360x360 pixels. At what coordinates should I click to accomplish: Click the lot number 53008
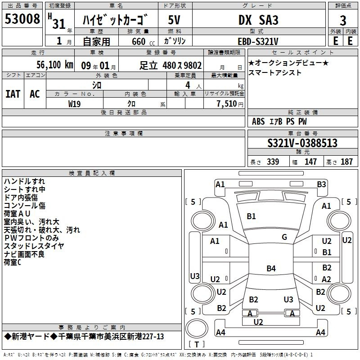tap(22, 18)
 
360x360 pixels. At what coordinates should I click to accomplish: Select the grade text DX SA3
tap(258, 20)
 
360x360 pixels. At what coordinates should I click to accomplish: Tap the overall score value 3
tap(343, 21)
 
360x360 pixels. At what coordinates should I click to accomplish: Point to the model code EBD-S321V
tap(258, 41)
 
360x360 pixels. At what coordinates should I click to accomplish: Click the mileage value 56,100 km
tap(55, 65)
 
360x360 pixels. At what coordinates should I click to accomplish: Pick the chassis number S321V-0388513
tap(302, 143)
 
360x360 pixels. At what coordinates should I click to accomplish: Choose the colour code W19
tap(74, 104)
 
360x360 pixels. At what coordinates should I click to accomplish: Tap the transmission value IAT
tap(13, 94)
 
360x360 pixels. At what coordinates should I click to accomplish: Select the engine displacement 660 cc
tap(143, 41)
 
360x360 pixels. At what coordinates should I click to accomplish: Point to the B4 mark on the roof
tap(271, 268)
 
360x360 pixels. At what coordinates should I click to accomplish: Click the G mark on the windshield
tap(284, 237)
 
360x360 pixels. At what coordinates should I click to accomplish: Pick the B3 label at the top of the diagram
tap(321, 184)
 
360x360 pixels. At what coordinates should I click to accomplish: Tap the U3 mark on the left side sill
tap(195, 276)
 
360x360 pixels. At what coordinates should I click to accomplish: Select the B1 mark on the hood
tap(251, 216)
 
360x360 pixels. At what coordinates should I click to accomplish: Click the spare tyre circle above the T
tap(197, 328)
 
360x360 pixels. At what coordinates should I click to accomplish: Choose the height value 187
tap(346, 162)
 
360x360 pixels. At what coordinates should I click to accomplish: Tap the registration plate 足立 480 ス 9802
tap(171, 65)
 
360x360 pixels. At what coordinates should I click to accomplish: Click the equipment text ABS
tap(258, 121)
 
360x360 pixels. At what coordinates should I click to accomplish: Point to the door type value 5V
tap(174, 20)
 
